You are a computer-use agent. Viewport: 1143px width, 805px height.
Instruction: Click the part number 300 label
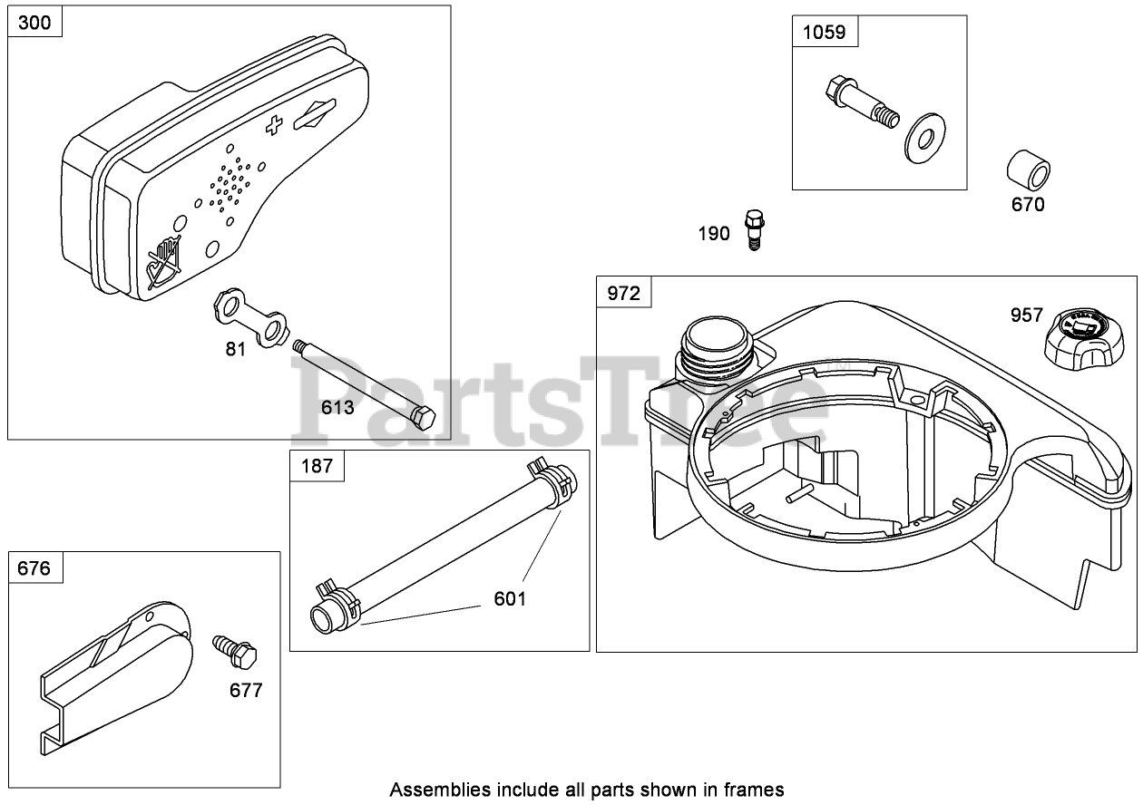35,24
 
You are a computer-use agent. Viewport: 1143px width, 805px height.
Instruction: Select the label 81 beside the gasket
236,349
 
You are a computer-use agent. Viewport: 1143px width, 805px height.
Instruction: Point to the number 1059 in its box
824,33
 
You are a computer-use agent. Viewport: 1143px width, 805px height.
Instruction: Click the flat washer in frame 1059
922,137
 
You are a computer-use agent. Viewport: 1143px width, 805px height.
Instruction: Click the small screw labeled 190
752,228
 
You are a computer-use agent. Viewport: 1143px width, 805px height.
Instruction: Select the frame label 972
623,294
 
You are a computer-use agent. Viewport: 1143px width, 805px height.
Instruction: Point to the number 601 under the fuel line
510,599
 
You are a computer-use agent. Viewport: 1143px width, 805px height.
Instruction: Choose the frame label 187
317,467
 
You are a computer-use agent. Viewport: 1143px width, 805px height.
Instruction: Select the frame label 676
35,568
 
